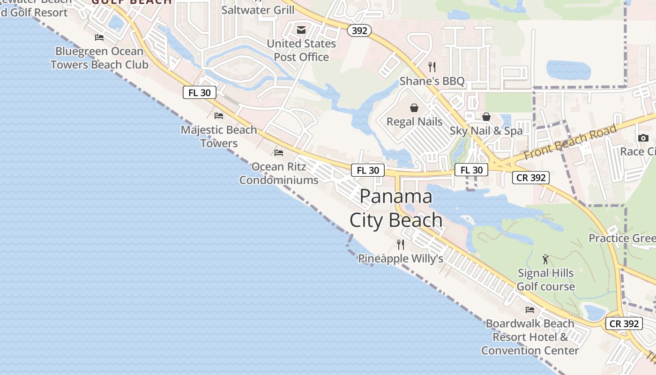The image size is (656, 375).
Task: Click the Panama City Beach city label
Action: coord(396,208)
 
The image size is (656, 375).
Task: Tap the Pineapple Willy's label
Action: coord(401,258)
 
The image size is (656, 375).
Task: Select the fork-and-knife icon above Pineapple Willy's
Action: coord(401,244)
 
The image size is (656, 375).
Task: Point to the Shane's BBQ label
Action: coord(432,81)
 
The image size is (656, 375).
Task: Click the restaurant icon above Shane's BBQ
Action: coord(432,67)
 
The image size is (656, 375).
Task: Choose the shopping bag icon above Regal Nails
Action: coord(414,108)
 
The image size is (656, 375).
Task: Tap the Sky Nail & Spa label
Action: coord(486,131)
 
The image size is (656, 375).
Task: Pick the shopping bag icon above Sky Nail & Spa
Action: coord(486,117)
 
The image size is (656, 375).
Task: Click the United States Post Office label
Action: coord(301,50)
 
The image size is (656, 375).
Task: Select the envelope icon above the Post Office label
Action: coord(301,30)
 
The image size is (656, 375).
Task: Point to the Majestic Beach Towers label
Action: coord(219,136)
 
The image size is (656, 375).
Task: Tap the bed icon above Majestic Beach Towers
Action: coord(219,115)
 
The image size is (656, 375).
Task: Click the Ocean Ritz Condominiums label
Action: coord(279,173)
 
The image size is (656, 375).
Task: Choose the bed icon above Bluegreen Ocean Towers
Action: coord(99,37)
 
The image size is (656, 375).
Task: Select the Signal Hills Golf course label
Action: coord(545,279)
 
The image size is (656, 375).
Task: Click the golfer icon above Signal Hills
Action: coord(545,259)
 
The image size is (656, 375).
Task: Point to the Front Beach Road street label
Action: coord(570,142)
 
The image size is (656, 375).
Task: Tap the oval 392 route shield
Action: coord(359,31)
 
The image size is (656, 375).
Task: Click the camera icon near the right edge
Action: coord(643,138)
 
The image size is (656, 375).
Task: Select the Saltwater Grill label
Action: coord(258,10)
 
